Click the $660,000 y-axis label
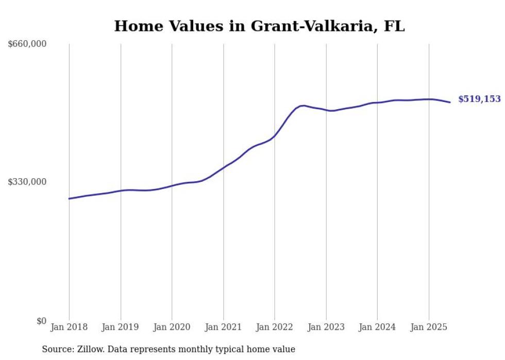click(27, 44)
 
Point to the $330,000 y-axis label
click(27, 182)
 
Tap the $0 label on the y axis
click(41, 321)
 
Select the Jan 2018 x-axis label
click(69, 327)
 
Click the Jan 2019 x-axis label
click(121, 327)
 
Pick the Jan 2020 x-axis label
click(172, 327)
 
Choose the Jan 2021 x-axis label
click(223, 327)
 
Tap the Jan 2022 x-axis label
click(275, 327)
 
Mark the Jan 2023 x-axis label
click(326, 327)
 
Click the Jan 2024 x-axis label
click(377, 327)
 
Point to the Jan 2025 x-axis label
click(429, 327)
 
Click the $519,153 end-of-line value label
click(479, 99)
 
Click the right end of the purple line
click(450, 102)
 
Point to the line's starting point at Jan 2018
click(69, 198)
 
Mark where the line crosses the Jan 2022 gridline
click(275, 135)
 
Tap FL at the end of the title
click(394, 26)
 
